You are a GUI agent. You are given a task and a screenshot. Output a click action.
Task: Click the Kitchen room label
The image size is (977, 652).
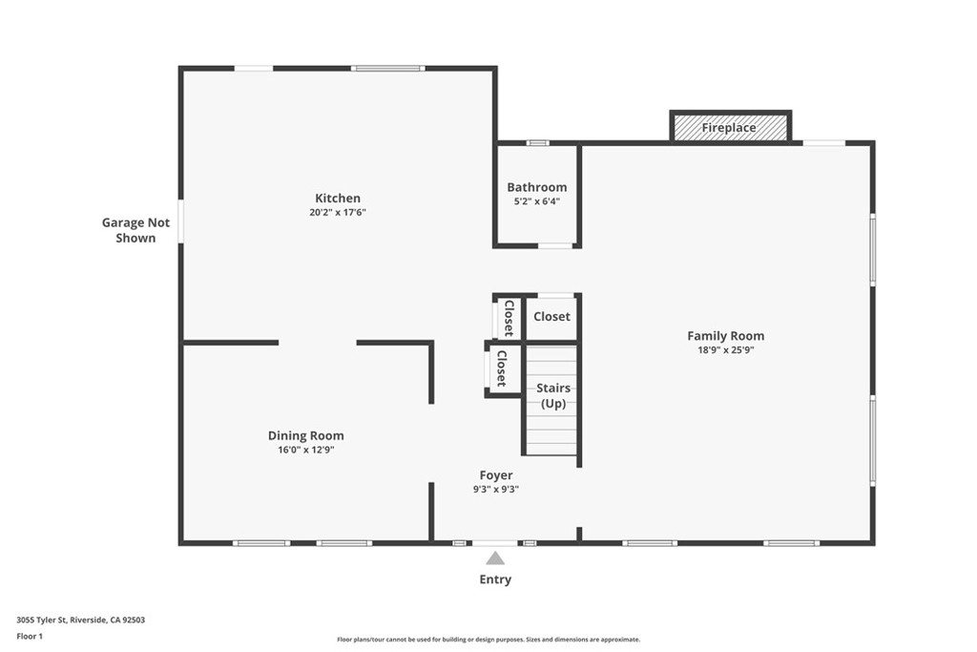point(338,199)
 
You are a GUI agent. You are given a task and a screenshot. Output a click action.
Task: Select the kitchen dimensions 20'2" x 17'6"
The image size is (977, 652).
point(338,213)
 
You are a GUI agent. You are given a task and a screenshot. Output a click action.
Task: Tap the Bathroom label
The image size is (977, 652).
point(536,187)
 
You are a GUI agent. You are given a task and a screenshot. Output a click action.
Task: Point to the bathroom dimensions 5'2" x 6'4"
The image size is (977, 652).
point(536,201)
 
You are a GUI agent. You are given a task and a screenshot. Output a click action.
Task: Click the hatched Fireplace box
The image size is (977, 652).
point(730,127)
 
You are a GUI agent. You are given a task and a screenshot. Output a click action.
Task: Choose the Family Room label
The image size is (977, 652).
point(725,335)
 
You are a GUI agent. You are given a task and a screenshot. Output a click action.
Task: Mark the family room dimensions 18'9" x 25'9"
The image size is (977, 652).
point(725,349)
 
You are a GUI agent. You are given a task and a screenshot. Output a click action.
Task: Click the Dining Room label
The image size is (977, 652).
point(305,435)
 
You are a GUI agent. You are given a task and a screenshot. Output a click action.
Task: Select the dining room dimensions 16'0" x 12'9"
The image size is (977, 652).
point(305,450)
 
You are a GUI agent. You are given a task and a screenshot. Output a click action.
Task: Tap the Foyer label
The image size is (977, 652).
point(495,474)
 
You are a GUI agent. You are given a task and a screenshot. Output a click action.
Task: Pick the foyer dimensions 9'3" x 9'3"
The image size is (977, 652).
point(495,489)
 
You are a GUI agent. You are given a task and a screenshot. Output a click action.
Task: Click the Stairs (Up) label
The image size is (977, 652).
point(553,395)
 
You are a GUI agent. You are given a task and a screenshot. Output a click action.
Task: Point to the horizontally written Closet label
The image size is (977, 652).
point(551,316)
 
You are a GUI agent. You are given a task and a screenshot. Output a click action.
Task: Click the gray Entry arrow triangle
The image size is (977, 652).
point(495,558)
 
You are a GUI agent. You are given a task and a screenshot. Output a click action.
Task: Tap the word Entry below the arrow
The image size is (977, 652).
point(495,579)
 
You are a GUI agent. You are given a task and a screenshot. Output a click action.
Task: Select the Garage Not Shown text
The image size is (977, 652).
point(135,230)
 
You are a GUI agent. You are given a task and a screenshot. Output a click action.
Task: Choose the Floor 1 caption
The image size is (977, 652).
point(30,635)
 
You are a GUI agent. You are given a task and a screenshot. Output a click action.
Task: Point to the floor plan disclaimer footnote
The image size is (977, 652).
point(488,640)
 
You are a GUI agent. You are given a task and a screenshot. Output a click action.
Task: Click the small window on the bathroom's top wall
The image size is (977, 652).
point(538,143)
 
